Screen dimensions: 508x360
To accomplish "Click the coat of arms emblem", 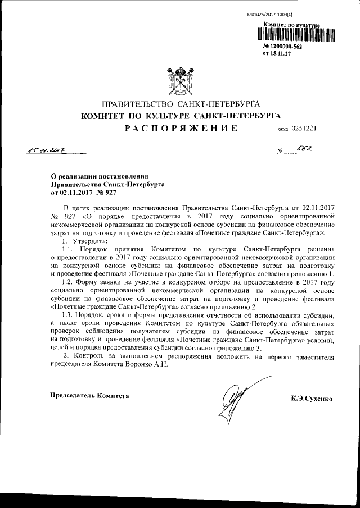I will click(179, 81).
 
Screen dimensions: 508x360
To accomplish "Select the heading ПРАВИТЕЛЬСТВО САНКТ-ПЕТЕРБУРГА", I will click(180, 105).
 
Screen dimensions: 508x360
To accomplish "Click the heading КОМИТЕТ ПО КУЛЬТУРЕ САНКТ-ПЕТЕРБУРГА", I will click(180, 116).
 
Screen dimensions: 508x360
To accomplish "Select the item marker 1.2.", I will click(68, 282).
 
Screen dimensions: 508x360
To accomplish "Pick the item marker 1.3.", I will click(68, 315).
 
